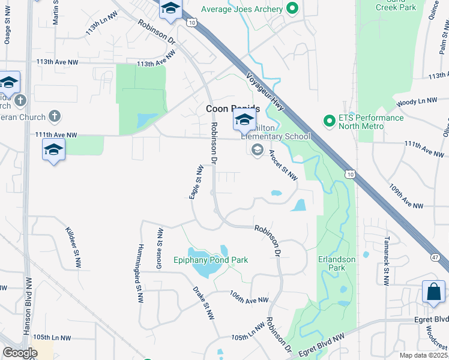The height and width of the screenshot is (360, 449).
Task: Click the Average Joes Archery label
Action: [x=241, y=8]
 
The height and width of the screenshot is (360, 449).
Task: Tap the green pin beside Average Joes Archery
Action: [x=293, y=8]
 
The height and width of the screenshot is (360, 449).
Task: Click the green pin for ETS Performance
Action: [x=329, y=121]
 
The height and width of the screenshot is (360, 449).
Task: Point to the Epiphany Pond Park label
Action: [x=210, y=260]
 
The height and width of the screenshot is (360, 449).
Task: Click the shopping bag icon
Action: [x=433, y=293]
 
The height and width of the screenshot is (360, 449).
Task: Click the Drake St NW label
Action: [x=204, y=303]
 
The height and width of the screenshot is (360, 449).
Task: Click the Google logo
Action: [x=20, y=353]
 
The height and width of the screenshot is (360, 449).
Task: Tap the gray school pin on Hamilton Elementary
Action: [x=258, y=149]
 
